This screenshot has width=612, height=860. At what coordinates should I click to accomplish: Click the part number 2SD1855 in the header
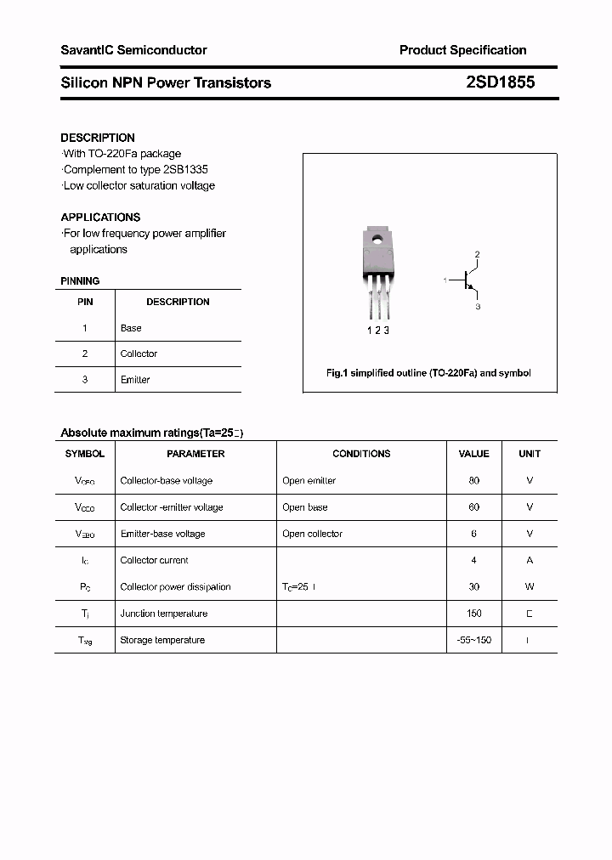[x=501, y=82]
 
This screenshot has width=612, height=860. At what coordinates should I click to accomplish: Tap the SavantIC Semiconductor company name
[x=133, y=50]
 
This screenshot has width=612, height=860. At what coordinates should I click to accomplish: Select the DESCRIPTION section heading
[x=98, y=138]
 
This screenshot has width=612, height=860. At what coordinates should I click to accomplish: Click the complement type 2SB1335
[x=183, y=169]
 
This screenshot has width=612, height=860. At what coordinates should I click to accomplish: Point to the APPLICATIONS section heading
[x=100, y=217]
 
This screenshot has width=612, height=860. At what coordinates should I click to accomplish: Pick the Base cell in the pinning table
[x=131, y=328]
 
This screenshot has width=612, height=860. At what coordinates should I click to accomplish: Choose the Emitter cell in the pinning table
[x=135, y=380]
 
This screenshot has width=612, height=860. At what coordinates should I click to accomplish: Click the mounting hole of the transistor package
[x=376, y=236]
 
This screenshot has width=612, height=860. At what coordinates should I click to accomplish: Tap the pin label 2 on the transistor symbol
[x=478, y=255]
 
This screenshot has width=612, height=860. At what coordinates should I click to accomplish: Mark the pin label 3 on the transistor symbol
[x=478, y=307]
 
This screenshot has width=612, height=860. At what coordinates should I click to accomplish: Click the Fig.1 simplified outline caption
[x=428, y=373]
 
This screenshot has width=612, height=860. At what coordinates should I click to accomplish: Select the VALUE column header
[x=473, y=454]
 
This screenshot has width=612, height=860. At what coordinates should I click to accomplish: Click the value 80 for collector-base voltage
[x=473, y=481]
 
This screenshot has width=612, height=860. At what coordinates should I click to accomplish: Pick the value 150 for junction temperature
[x=473, y=614]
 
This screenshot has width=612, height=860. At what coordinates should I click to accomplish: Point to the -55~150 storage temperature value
[x=473, y=640]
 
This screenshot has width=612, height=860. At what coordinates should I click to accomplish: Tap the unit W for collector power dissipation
[x=530, y=587]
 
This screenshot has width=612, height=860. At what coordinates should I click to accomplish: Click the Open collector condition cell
[x=312, y=534]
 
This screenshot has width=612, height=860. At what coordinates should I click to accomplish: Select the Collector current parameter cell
[x=154, y=561]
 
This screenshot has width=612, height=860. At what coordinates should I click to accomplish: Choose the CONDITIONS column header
[x=361, y=454]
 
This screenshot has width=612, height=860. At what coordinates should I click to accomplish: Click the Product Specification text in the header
[x=462, y=50]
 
